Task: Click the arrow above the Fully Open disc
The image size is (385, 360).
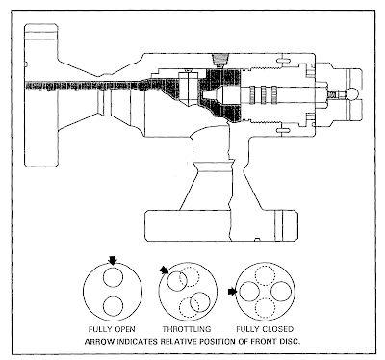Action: (113, 260)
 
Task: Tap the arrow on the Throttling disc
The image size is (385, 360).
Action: (165, 270)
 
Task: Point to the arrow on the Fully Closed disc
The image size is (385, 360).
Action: (232, 292)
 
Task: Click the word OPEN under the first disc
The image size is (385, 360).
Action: (124, 329)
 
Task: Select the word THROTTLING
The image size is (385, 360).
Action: (187, 329)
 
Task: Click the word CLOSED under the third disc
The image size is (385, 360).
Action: (278, 329)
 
